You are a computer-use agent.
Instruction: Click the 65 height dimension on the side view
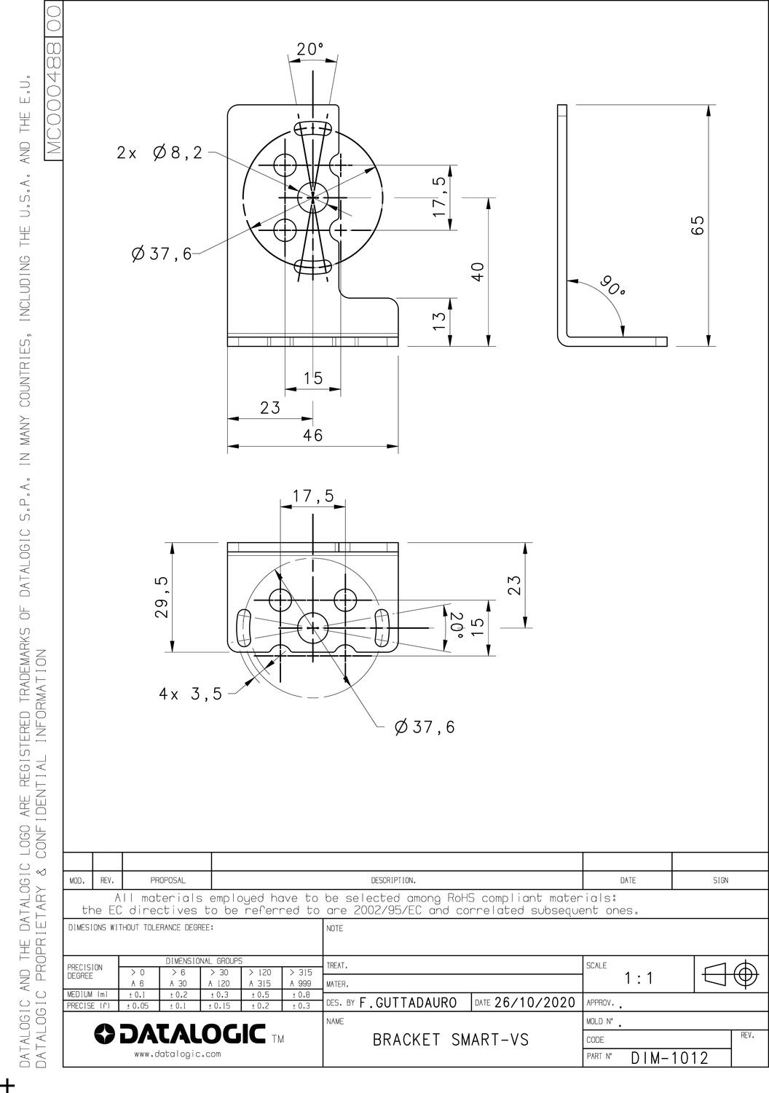pos(698,225)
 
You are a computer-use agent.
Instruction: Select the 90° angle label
pos(612,286)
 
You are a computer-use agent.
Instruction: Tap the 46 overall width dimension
pos(313,435)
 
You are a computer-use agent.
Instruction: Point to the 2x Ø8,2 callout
pos(159,153)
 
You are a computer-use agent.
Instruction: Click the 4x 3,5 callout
pos(190,694)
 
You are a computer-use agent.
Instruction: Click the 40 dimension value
pos(477,271)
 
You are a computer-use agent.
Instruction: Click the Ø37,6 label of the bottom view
pos(425,727)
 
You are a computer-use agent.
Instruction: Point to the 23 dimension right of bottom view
pos(513,585)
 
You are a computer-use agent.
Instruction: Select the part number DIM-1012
pos(669,1058)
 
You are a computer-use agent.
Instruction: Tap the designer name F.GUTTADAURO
pos(408,1003)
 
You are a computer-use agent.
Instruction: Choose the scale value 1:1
pos(639,979)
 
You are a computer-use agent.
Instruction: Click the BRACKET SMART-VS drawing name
pos(450,1040)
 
